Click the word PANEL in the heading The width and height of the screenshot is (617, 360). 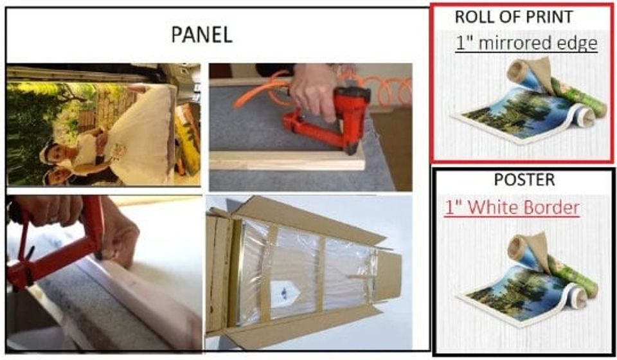pyautogui.click(x=201, y=35)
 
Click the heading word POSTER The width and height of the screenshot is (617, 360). pyautogui.click(x=524, y=180)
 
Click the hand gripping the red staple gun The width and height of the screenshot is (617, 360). pyautogui.click(x=317, y=87)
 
